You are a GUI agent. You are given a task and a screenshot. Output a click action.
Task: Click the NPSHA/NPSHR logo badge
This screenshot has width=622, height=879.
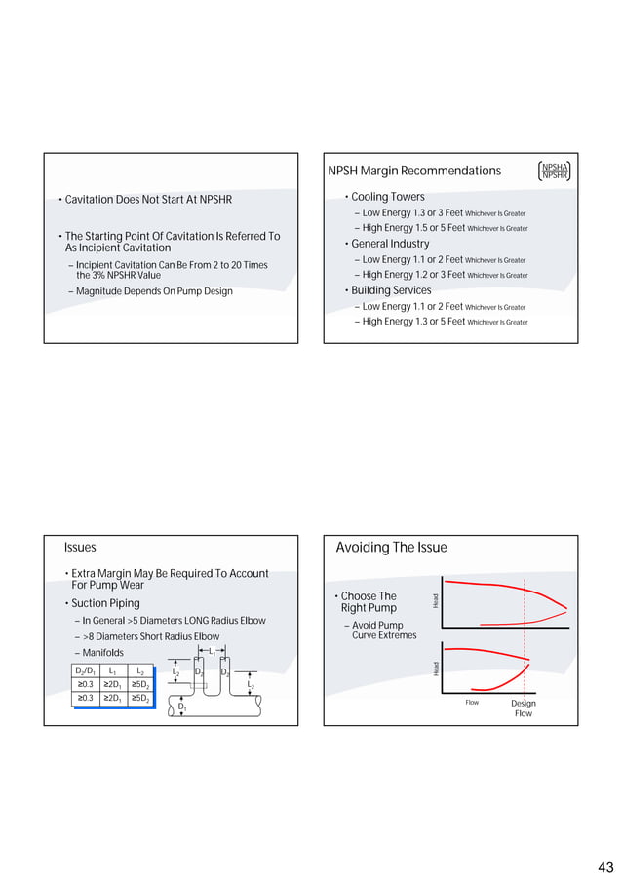[554, 172]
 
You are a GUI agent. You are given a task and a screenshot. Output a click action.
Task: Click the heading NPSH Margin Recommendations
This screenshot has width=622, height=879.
[414, 172]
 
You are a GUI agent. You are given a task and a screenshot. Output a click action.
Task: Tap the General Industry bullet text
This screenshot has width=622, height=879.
[390, 244]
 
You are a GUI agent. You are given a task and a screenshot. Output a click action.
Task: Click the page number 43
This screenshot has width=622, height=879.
[605, 867]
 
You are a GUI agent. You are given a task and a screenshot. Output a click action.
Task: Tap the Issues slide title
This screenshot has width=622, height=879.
[80, 548]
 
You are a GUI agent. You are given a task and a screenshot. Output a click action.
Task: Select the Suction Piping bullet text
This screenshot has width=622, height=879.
[105, 604]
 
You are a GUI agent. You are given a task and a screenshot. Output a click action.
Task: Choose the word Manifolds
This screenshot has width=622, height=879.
[102, 653]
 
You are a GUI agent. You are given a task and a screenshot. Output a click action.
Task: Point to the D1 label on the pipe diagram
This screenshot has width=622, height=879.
[182, 707]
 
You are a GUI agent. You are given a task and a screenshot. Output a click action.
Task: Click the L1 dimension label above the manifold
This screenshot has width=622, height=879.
[212, 650]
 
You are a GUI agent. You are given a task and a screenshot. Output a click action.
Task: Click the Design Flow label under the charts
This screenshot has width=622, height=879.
[524, 708]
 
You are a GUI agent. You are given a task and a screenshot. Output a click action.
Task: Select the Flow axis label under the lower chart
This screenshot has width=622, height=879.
[472, 703]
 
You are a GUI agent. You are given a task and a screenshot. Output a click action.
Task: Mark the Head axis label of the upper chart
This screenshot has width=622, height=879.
[436, 603]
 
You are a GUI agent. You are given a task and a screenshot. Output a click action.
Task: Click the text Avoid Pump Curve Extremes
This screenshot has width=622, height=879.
[383, 631]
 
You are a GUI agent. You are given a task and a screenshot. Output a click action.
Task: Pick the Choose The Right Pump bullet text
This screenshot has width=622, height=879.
[369, 602]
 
